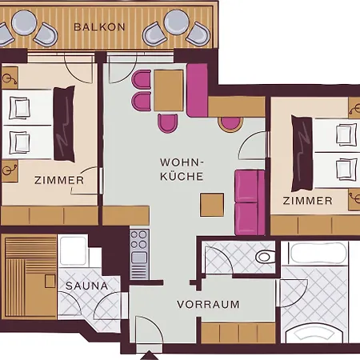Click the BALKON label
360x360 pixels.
99,27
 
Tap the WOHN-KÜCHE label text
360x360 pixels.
182,170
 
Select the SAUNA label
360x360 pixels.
86,286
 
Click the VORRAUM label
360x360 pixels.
208,304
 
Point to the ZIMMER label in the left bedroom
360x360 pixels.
59,180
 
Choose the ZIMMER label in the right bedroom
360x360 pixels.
308,201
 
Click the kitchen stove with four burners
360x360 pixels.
139,254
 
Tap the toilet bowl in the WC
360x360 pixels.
265,257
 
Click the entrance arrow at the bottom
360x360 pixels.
150,356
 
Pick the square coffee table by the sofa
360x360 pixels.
212,205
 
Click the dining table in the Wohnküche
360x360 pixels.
169,90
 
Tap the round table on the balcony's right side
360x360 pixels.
177,22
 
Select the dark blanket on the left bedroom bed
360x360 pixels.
64,124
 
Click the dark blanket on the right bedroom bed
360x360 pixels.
302,153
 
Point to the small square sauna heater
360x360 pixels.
50,282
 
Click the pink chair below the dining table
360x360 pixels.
167,122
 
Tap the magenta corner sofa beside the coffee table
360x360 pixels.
250,202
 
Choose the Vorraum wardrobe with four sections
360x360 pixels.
238,333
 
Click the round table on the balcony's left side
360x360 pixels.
24,22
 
